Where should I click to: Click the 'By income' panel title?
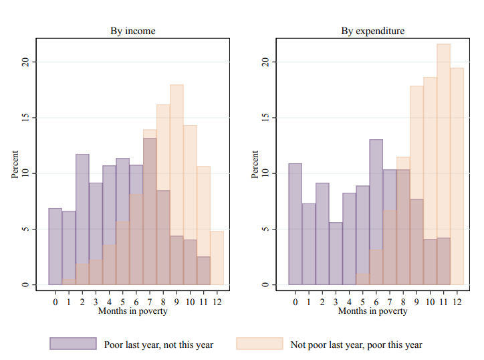133,31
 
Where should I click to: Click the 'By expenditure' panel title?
372,31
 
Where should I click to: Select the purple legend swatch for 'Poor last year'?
73,344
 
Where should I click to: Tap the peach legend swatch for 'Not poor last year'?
259,344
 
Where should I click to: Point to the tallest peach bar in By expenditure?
444,164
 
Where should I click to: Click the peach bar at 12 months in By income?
217,258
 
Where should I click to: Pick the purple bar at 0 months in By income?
55,247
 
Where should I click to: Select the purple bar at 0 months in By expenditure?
295,224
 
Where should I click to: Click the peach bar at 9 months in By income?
176,185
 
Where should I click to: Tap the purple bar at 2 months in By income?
82,219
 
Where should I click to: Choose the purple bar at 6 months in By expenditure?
376,212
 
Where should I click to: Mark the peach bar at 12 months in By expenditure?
457,176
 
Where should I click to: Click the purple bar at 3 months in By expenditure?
336,254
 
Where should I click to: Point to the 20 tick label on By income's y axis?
25,62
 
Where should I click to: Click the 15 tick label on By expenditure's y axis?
265,117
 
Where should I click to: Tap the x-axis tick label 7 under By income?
150,302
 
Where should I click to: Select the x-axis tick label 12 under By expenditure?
457,302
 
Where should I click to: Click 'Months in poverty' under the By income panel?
133,311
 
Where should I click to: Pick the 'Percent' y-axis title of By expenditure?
255,165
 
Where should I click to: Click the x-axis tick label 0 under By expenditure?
295,302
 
